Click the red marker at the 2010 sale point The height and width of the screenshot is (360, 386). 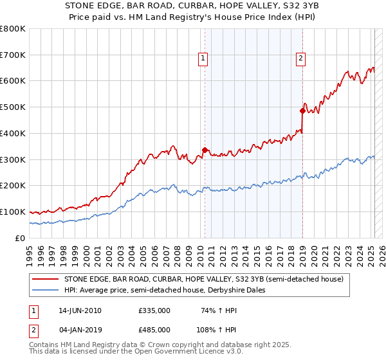point(205,150)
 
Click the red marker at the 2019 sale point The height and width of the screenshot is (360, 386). point(302,111)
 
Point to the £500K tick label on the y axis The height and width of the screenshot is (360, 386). point(13,107)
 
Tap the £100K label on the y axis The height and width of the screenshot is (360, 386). point(13,212)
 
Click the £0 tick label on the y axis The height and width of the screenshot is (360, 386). point(21,238)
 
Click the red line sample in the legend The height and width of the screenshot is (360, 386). point(46,279)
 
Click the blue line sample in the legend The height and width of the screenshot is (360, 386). point(46,290)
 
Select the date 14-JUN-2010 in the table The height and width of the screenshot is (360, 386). point(80,310)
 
